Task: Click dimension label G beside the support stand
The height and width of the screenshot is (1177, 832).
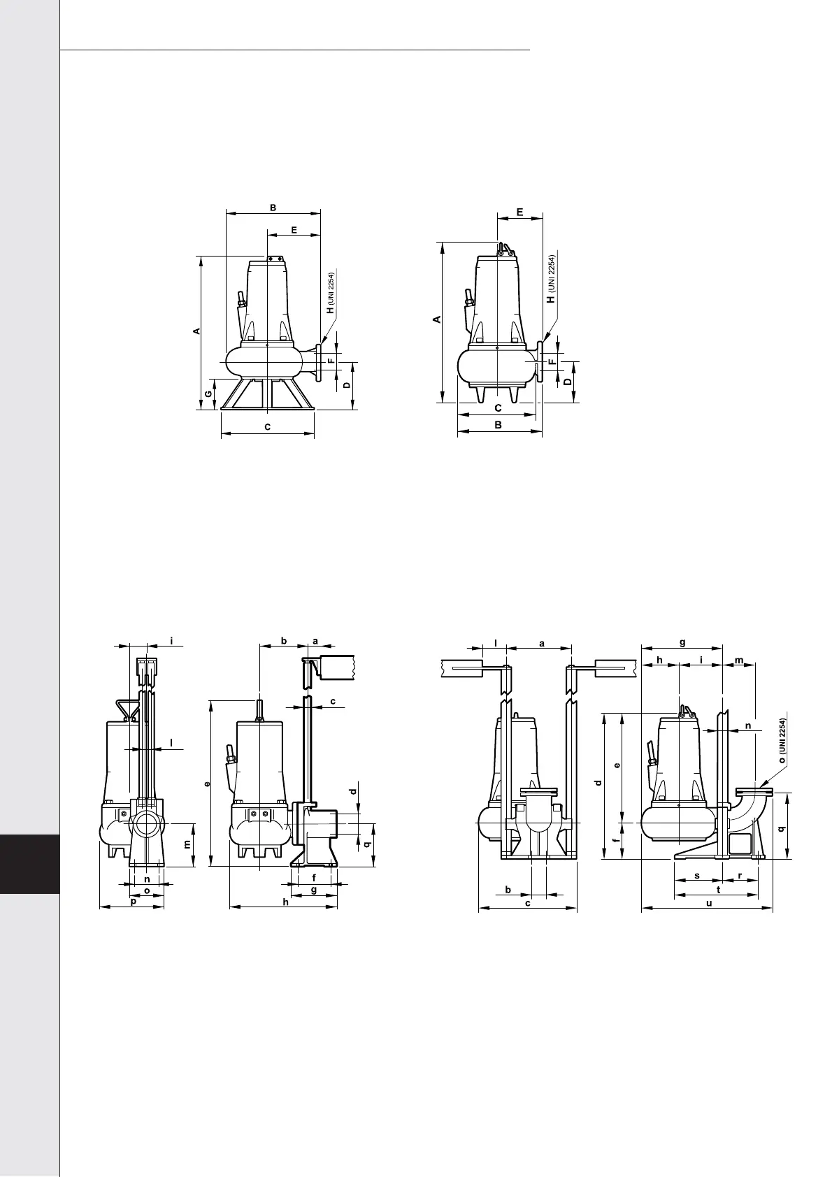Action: coord(208,393)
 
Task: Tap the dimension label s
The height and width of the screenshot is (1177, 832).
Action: coord(697,875)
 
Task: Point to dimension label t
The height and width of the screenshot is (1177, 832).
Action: coord(718,890)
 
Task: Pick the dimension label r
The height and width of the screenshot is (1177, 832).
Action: coord(740,875)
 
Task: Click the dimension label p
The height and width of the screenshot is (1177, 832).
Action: coord(134,901)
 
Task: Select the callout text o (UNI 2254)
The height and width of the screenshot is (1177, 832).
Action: coord(782,740)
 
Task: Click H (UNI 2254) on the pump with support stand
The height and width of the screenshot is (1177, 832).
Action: coord(331,293)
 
